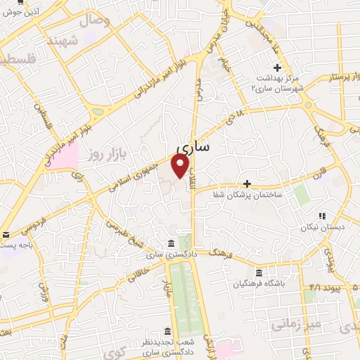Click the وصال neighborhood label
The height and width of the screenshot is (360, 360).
pos(96,20)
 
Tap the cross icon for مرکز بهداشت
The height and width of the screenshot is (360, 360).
pos(278,68)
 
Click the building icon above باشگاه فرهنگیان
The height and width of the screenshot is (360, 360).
pos(259,273)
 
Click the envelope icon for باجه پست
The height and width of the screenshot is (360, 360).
pos(6,235)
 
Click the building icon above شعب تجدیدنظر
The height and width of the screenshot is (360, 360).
pos(167,330)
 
